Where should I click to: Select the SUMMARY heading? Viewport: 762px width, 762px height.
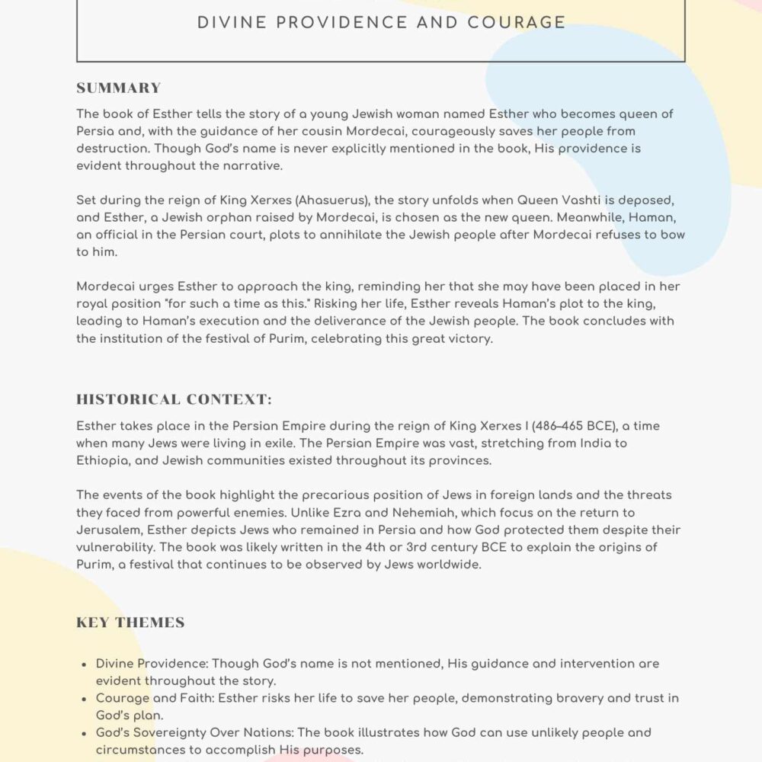tap(118, 88)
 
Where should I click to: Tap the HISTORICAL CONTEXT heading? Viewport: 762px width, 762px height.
tap(174, 399)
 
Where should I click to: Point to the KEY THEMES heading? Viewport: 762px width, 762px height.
tap(130, 623)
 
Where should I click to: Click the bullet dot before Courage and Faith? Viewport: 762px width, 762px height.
tap(83, 699)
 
